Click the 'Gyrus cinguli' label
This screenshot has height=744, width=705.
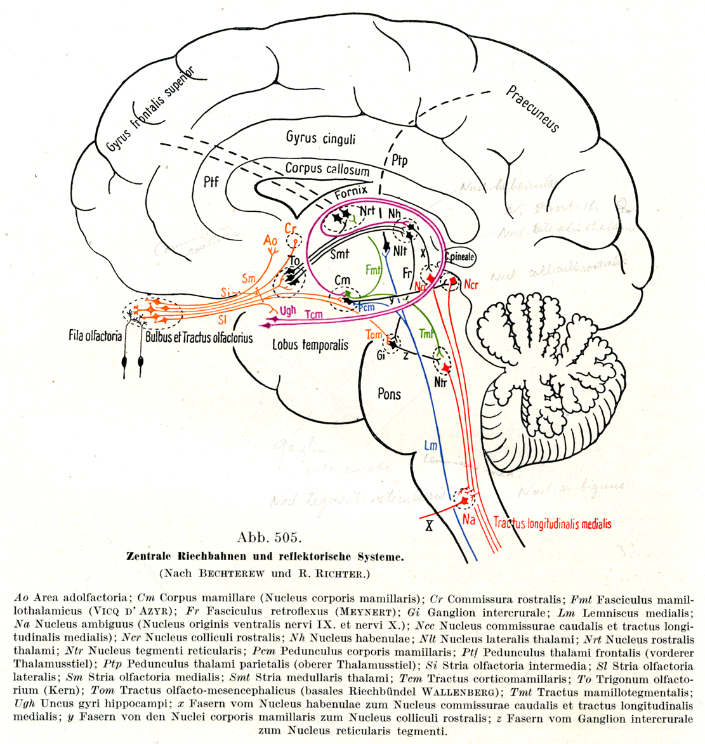320,138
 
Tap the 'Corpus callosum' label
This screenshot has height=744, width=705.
327,169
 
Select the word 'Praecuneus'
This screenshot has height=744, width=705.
532,108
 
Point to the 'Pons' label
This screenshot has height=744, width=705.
389,394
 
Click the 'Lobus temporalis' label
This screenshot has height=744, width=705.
310,345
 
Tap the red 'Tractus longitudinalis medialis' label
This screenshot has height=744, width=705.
552,524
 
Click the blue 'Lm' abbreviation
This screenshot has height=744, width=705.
430,446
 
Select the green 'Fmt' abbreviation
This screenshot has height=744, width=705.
374,270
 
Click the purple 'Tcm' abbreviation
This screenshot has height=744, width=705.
313,314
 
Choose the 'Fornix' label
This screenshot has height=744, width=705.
352,190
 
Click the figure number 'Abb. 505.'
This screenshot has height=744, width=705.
269,538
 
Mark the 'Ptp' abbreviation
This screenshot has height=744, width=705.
399,161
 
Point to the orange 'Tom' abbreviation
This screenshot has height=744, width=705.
374,335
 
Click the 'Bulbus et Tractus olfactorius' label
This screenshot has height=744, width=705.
199,337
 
